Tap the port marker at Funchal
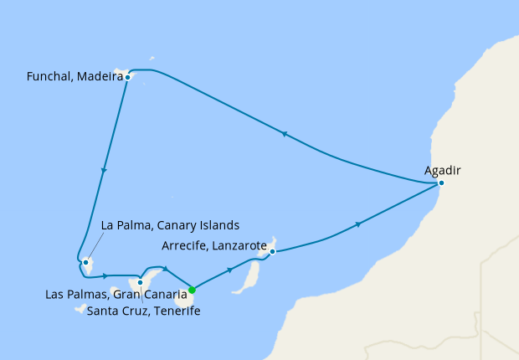127,77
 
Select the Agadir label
443,170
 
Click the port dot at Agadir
441,183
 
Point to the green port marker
192,291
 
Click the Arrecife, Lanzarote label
213,247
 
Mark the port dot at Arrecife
273,251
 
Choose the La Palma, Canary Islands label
170,225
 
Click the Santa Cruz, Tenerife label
143,311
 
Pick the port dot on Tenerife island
141,283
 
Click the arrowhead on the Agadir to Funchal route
286,134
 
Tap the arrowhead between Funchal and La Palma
104,171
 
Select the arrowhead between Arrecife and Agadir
359,224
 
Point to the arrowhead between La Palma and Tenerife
116,275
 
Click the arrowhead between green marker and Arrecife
230,270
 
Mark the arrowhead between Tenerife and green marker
166,269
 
